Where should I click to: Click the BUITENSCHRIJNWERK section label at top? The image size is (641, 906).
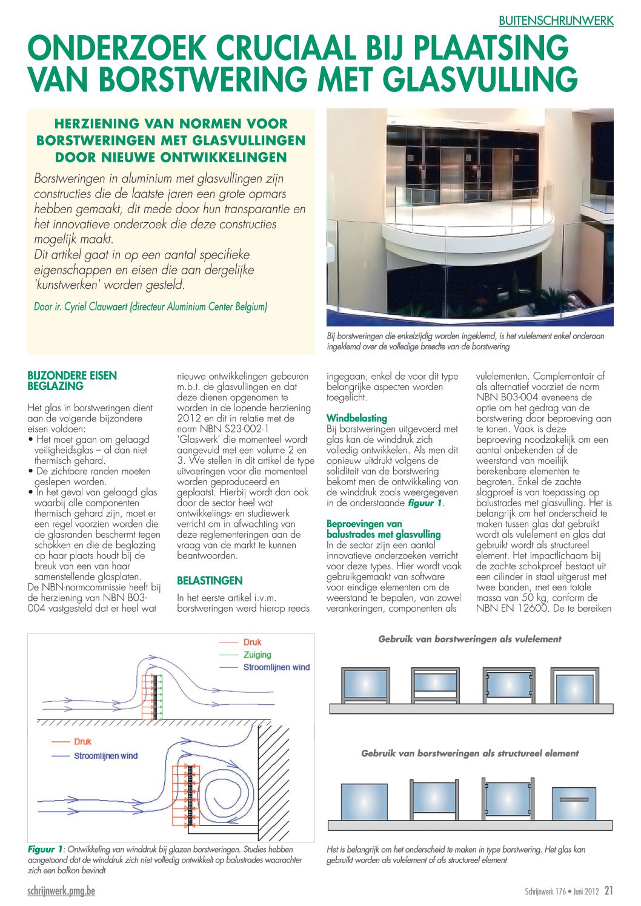coord(556,21)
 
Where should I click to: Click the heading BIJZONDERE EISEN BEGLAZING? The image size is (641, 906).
coord(72,381)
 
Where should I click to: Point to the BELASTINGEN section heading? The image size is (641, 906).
coord(210,580)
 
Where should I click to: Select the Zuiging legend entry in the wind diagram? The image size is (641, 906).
coord(257,655)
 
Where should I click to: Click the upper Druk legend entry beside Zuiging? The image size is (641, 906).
coord(252,642)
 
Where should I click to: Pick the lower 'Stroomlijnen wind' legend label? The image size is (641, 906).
coord(105,756)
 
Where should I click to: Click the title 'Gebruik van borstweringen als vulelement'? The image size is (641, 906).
coord(470,639)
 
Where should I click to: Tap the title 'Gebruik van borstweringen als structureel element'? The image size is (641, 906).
coord(470,753)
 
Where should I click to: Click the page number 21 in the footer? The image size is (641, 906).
coord(609,891)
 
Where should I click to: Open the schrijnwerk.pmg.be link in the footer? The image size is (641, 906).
coord(61,891)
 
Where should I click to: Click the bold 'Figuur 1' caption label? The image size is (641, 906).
coord(45,850)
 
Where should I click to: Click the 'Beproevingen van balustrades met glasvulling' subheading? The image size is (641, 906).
coord(384,529)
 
